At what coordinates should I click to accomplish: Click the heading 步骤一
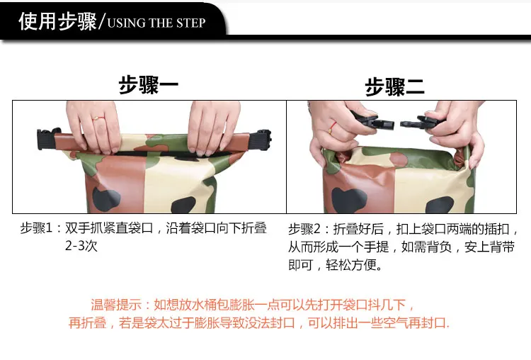coord(149,85)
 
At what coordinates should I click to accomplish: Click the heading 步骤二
coord(394,86)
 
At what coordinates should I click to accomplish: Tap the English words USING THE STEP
coord(156,23)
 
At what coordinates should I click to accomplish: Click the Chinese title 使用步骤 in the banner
coord(58,21)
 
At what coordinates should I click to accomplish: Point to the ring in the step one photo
coord(98,118)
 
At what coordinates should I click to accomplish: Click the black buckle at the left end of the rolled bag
coord(46,138)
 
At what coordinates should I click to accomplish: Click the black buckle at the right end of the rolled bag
coord(264,139)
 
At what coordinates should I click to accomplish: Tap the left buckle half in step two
coord(375,121)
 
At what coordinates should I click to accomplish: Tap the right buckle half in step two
coord(416,123)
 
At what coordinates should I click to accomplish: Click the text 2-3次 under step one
coord(81,246)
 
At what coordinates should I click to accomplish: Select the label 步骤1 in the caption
coord(36,227)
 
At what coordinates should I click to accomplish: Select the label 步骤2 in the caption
coord(304,229)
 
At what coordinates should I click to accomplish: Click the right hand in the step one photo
coord(212,127)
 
